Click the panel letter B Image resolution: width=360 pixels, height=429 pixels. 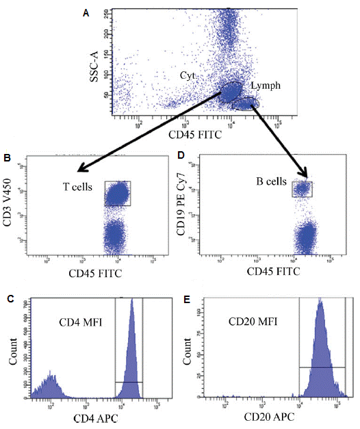7,158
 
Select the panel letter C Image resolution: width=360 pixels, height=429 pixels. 7,298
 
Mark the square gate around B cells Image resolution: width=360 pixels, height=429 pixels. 302,188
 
